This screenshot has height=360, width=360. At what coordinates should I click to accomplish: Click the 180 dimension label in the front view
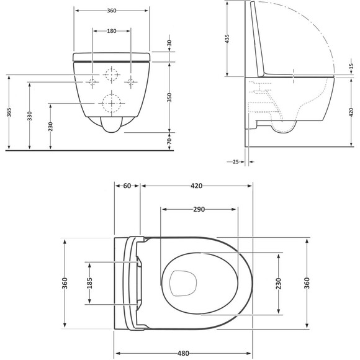point(112,31)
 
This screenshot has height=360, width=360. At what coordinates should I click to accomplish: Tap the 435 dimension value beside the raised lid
point(227,39)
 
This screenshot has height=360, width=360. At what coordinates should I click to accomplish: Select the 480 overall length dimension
point(183,353)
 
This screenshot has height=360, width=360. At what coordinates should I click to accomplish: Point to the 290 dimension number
point(199,209)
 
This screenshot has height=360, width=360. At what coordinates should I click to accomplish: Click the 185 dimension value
point(89,283)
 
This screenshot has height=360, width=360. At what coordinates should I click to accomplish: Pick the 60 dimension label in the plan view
point(127,186)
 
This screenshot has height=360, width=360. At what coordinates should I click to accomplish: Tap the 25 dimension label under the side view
point(236,162)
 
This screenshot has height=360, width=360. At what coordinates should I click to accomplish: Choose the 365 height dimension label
point(9,112)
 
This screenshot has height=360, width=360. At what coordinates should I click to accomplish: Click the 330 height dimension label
point(29,116)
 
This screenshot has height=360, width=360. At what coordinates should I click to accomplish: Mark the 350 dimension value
point(169,97)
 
